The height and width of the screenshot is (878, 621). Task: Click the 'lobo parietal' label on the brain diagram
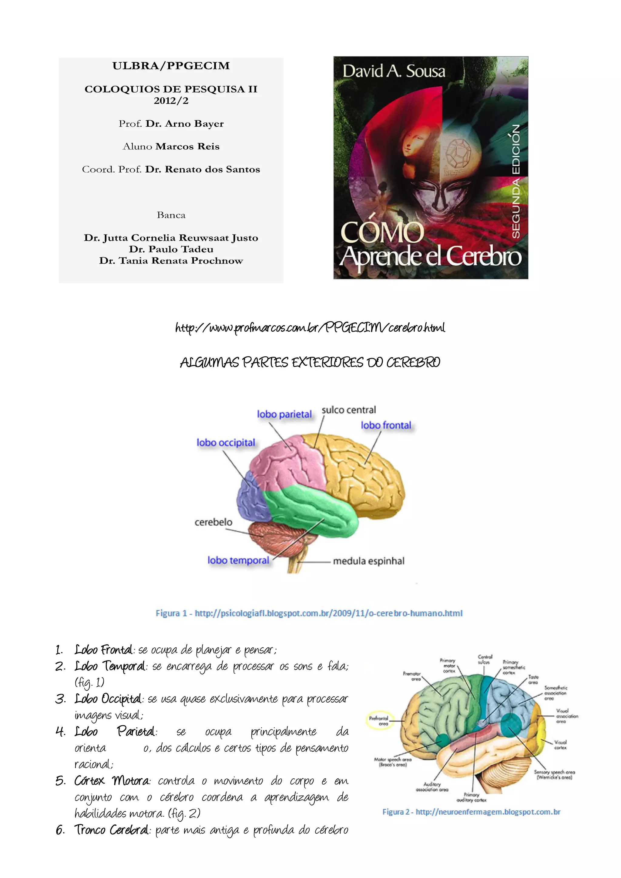(x=284, y=414)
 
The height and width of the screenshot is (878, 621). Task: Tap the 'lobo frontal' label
(x=386, y=425)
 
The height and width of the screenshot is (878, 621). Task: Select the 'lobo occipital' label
(x=226, y=442)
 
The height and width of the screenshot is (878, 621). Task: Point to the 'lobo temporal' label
(x=238, y=560)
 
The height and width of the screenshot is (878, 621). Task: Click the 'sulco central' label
(x=349, y=410)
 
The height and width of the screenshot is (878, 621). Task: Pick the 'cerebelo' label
(x=213, y=522)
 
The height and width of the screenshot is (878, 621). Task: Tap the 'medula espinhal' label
(x=368, y=561)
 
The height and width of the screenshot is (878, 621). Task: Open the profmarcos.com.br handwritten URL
(x=310, y=328)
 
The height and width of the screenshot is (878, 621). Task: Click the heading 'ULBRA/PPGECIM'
(x=171, y=66)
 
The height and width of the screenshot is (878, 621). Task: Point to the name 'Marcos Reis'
(x=187, y=146)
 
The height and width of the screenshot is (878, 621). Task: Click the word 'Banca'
(x=171, y=215)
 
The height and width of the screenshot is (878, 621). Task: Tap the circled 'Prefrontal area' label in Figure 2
(x=379, y=721)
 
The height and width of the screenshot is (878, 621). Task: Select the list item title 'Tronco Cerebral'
(x=111, y=830)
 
